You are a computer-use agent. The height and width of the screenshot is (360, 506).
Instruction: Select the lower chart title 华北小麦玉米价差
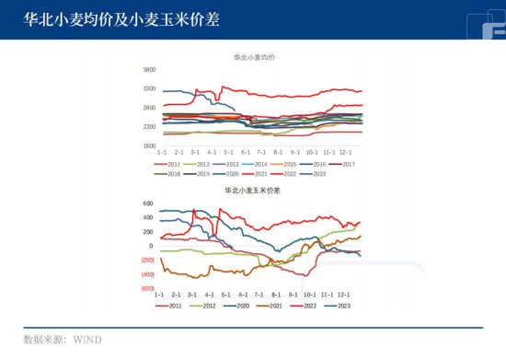click(x=253, y=191)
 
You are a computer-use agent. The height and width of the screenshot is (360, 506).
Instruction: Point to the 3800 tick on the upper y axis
click(x=150, y=70)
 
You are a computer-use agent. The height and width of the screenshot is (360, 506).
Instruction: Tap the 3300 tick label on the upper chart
click(x=150, y=88)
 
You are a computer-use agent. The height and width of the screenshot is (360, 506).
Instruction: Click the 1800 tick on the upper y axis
click(x=150, y=145)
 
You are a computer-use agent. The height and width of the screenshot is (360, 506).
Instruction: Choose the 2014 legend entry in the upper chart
click(x=260, y=164)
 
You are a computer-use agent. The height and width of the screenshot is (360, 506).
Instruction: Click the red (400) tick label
click(x=147, y=274)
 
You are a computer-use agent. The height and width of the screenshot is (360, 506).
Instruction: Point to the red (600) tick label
click(x=147, y=288)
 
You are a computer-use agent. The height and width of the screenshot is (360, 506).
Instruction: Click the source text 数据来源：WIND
click(x=63, y=340)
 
